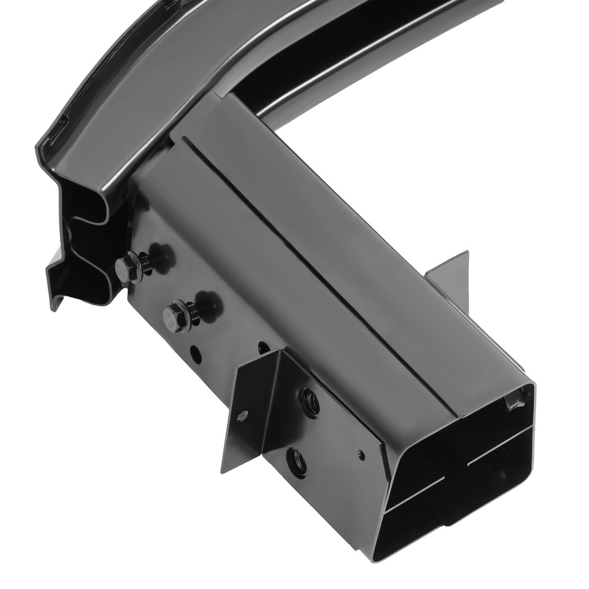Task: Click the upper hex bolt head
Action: (x=128, y=268)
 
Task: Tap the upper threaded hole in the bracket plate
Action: (x=309, y=402)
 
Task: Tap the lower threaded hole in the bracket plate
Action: (x=297, y=461)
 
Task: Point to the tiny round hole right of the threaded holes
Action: (x=361, y=455)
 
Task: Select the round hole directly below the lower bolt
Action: (x=196, y=354)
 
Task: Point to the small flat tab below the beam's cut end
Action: (x=55, y=276)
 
